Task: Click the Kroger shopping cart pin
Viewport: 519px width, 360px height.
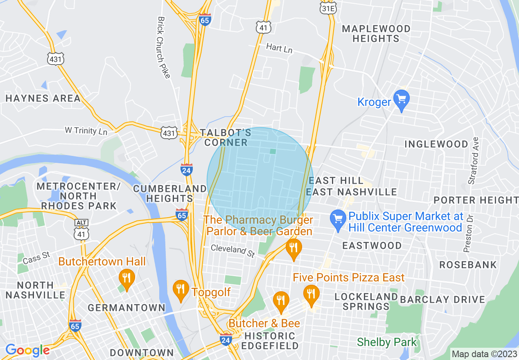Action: click(401, 99)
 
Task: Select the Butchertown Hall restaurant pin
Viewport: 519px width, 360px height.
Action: click(126, 279)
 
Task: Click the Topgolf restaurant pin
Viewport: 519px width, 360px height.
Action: click(181, 290)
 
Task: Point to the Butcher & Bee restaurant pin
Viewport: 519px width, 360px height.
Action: click(281, 301)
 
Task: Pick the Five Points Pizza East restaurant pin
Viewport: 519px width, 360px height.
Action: click(311, 295)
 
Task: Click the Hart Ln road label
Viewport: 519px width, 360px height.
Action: click(279, 48)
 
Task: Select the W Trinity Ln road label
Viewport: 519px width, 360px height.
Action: click(86, 131)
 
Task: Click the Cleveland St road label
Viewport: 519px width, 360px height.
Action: click(233, 250)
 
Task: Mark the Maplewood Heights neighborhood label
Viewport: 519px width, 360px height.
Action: click(376, 34)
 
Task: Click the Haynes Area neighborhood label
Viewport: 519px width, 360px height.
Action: click(43, 98)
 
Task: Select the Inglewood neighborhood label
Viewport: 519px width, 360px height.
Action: click(436, 144)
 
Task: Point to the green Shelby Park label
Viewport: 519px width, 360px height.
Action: click(387, 342)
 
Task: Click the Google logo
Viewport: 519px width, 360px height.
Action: click(27, 350)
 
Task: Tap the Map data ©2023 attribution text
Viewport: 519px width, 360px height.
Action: click(484, 354)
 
